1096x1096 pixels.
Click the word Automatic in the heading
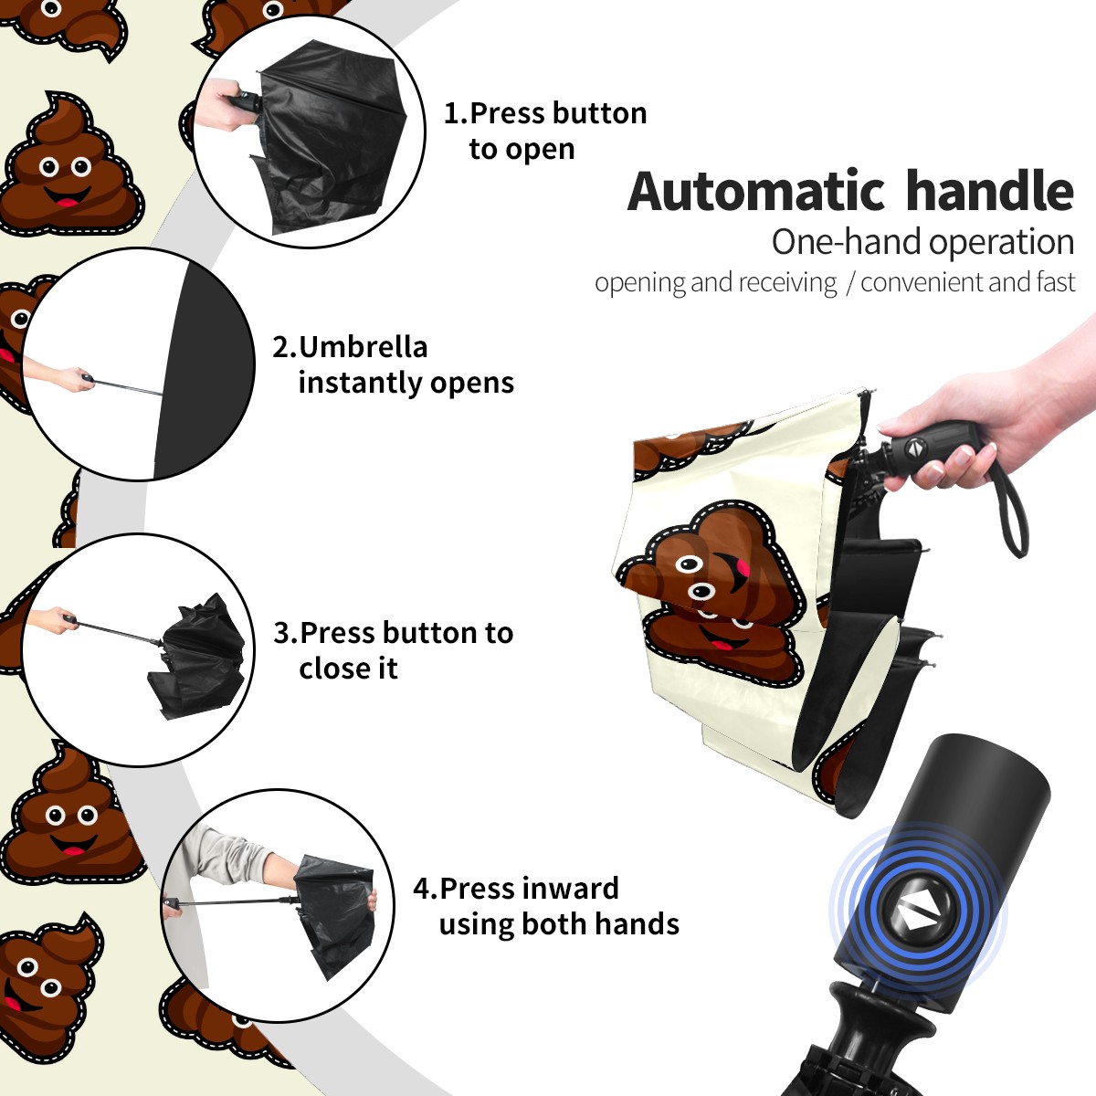tap(756, 191)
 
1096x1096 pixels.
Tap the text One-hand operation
tap(922, 242)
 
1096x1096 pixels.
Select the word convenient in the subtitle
tap(922, 282)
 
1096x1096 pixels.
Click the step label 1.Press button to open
tap(545, 131)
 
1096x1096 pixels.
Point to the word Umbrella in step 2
tap(363, 347)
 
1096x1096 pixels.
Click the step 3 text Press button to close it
tap(406, 650)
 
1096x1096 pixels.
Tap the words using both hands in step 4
tap(559, 923)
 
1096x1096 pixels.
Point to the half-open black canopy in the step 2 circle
tap(202, 370)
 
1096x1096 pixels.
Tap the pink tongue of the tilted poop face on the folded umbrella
tap(743, 566)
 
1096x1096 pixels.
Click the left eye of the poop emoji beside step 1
tap(49, 167)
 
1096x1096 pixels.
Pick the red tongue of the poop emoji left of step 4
tap(71, 850)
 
